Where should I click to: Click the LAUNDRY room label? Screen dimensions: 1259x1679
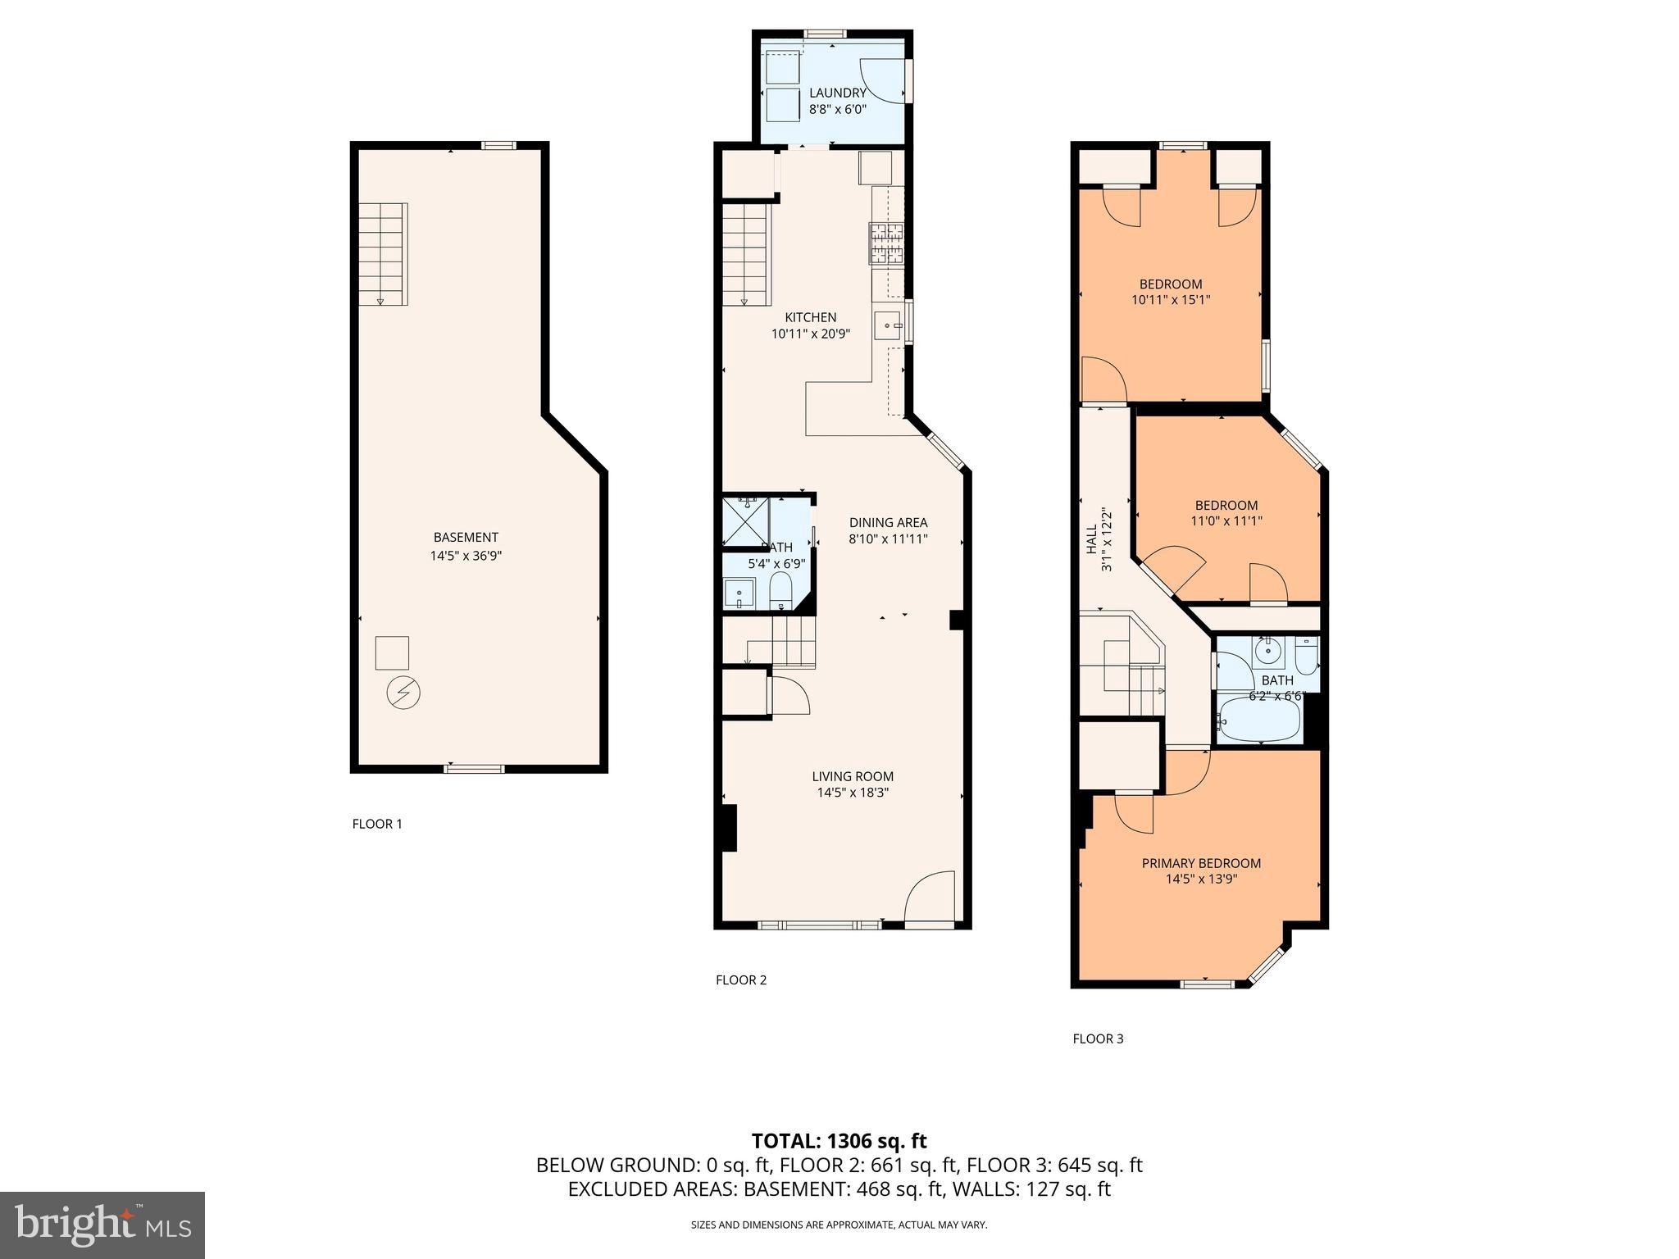point(837,93)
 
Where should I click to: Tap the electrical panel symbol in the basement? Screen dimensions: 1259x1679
point(403,693)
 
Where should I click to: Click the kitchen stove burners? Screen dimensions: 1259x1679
point(887,243)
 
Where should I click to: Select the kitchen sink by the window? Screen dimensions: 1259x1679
point(886,325)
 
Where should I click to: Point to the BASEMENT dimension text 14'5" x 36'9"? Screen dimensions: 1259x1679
point(466,556)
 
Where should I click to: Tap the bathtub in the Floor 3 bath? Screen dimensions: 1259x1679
point(1258,719)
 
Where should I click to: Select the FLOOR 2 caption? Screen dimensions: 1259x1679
point(741,979)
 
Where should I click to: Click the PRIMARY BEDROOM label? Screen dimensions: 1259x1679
point(1201,863)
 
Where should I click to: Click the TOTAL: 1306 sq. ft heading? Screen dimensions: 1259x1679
point(839,1141)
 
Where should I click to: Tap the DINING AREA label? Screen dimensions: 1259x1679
point(888,522)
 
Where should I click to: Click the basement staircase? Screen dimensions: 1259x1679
point(383,253)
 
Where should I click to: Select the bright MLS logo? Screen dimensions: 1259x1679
point(102,1225)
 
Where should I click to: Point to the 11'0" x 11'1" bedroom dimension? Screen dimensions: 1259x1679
point(1226,520)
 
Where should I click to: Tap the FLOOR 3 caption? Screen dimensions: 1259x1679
point(1098,1039)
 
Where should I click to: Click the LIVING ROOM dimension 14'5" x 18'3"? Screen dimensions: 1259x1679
point(853,793)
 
